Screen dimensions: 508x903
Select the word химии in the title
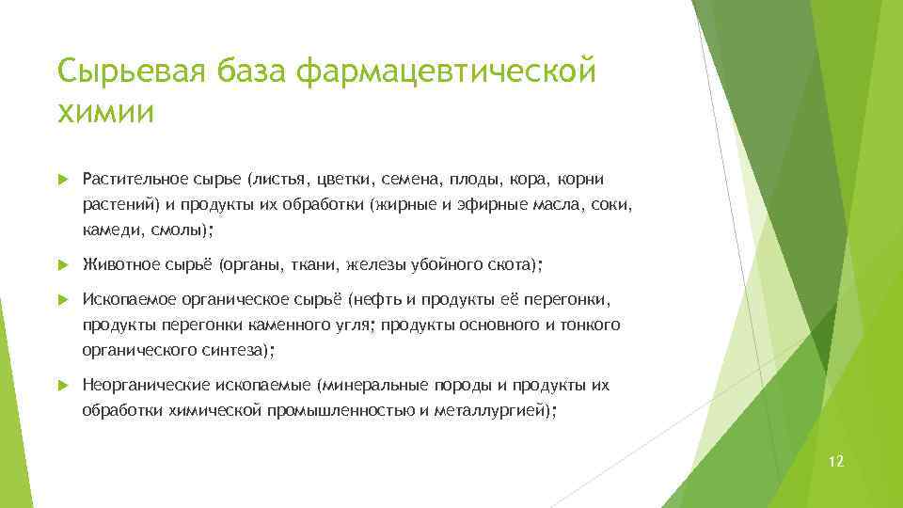(106, 112)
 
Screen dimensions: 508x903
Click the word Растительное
(128, 179)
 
